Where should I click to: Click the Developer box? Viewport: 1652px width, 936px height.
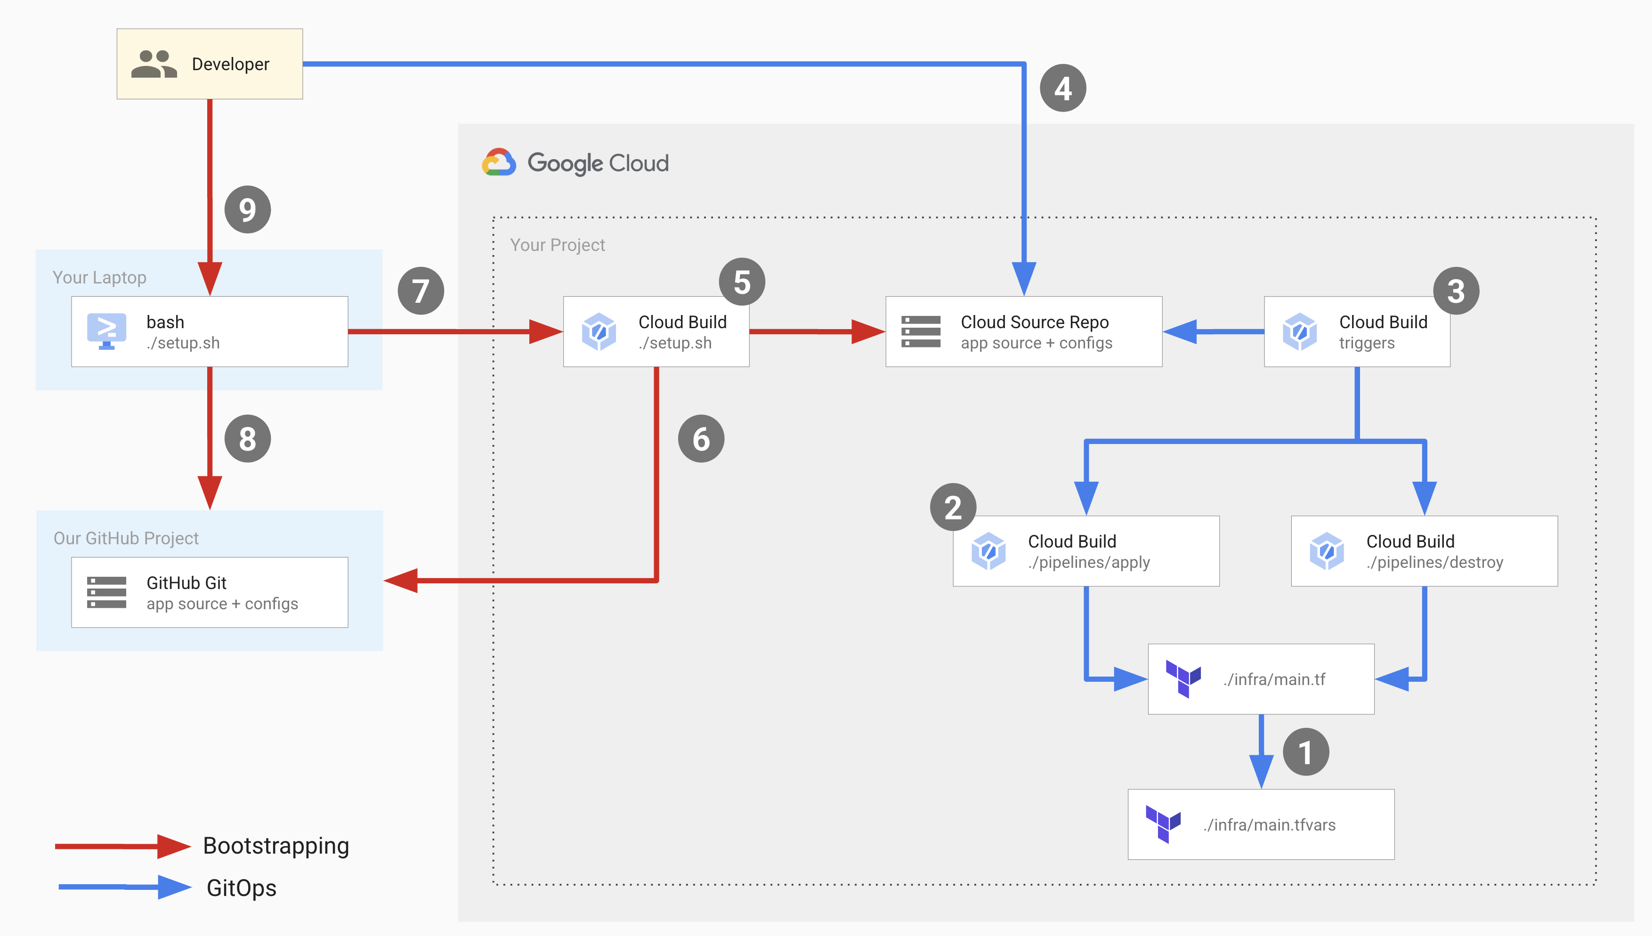tap(210, 64)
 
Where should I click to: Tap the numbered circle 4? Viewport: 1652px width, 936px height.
tap(1062, 88)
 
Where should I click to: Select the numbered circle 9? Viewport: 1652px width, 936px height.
tap(248, 210)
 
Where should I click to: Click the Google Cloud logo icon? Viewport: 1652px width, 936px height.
tap(499, 162)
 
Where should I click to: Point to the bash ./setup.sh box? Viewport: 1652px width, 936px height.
tap(210, 332)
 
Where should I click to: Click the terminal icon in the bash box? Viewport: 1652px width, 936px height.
tap(107, 331)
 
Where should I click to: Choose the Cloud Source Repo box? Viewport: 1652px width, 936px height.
tap(1023, 332)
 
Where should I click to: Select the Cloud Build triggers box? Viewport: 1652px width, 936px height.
tap(1356, 332)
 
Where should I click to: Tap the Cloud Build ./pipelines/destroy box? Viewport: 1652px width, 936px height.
tap(1424, 551)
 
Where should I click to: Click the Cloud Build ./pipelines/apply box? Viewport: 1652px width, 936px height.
tap(1085, 551)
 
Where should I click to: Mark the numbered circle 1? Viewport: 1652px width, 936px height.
tap(1305, 751)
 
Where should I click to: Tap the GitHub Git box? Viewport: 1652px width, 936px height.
tap(210, 592)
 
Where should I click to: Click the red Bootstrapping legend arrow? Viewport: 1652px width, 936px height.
tap(122, 846)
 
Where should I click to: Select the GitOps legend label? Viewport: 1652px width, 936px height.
tap(241, 888)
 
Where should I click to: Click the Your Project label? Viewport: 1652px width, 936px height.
tap(557, 245)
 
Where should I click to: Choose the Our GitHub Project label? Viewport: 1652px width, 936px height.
tap(126, 538)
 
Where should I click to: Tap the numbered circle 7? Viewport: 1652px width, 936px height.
tap(421, 291)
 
